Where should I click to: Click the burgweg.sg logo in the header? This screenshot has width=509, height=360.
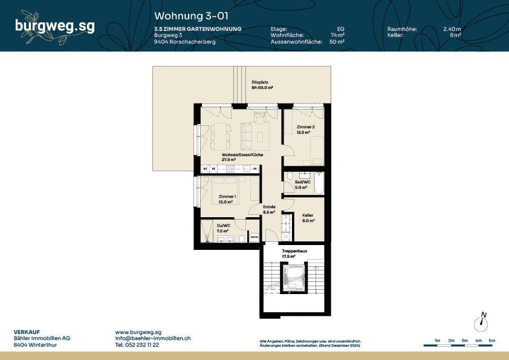pos(54,26)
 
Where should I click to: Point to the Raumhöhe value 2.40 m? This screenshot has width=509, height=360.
pos(452,29)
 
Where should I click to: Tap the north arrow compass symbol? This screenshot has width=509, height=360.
pos(482,322)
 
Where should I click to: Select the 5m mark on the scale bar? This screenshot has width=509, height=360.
pos(492,341)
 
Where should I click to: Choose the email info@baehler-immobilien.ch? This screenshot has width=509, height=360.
pos(153,339)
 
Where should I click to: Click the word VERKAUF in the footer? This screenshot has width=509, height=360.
pos(26,332)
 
